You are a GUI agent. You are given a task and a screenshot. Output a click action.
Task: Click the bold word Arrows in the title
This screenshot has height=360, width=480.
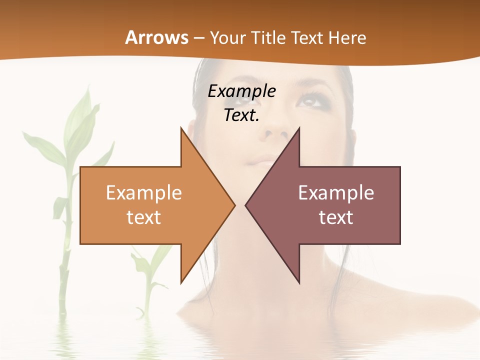pos(156,37)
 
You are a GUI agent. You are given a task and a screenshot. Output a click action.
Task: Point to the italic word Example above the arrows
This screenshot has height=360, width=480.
pos(241,91)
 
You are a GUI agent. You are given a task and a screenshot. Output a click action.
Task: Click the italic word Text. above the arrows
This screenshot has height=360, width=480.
pos(241,115)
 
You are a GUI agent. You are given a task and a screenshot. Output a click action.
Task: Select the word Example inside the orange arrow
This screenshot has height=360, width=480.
pos(144,192)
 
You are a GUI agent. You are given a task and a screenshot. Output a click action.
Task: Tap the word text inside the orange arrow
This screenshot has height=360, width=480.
pos(144,217)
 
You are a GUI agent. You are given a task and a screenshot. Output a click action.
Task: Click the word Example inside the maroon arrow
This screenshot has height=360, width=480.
pos(336,192)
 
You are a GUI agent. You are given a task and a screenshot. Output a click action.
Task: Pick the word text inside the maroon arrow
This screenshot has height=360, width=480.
pos(336,217)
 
